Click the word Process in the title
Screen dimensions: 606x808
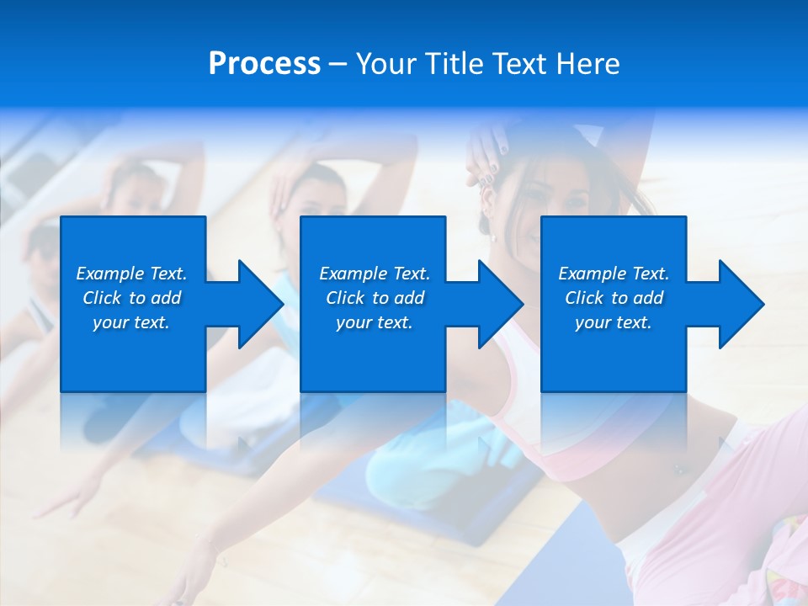pyautogui.click(x=264, y=64)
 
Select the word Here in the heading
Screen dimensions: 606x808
pyautogui.click(x=587, y=64)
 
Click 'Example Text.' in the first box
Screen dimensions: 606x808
pyautogui.click(x=131, y=274)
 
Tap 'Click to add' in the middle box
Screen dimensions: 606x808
pyautogui.click(x=375, y=298)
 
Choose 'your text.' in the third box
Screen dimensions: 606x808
pyautogui.click(x=614, y=322)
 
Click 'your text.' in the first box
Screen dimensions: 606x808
pyautogui.click(x=131, y=322)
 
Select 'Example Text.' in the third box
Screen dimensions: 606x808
pyautogui.click(x=614, y=274)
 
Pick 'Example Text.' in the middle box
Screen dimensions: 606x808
pyautogui.click(x=375, y=274)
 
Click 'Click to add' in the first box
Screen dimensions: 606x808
pyautogui.click(x=131, y=298)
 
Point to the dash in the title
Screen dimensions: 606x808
pyautogui.click(x=338, y=64)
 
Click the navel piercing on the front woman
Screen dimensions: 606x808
pyautogui.click(x=678, y=470)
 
